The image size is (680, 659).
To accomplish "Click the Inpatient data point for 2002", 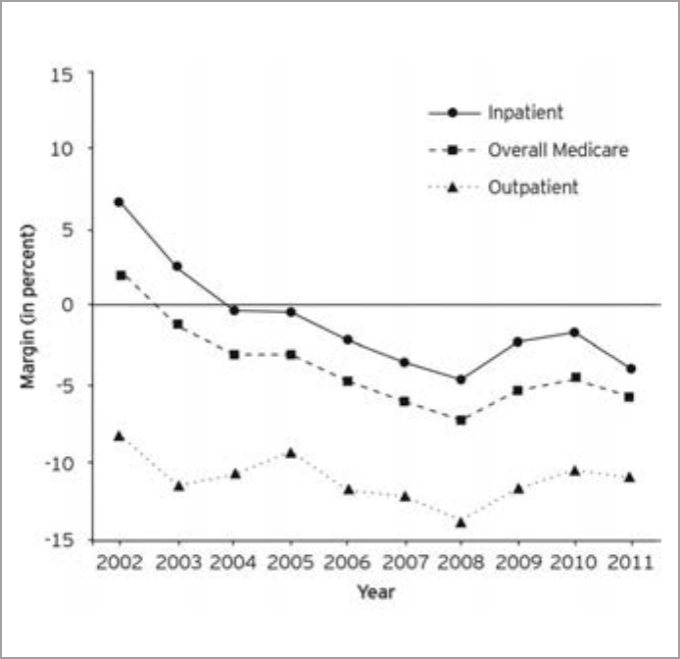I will (120, 202).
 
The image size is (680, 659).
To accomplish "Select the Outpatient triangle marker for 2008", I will (461, 522).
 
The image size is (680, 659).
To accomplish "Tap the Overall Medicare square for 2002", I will (121, 276).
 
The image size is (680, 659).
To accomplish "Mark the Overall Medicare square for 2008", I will (461, 420).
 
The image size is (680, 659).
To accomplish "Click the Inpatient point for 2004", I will (234, 310).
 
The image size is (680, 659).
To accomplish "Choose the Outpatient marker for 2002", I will (120, 435).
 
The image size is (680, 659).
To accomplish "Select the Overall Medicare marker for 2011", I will (630, 397).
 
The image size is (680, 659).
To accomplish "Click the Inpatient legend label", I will (525, 112).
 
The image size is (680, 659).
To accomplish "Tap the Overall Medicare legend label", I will (558, 150).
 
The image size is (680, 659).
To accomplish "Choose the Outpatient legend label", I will (533, 187).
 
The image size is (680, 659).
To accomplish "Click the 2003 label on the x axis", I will (177, 564).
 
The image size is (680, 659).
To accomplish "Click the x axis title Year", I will (375, 592).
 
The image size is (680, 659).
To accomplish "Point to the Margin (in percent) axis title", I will (29, 305).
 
